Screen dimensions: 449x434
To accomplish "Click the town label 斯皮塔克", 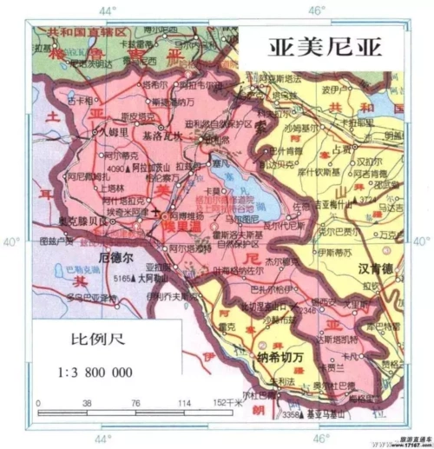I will (x=138, y=116).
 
